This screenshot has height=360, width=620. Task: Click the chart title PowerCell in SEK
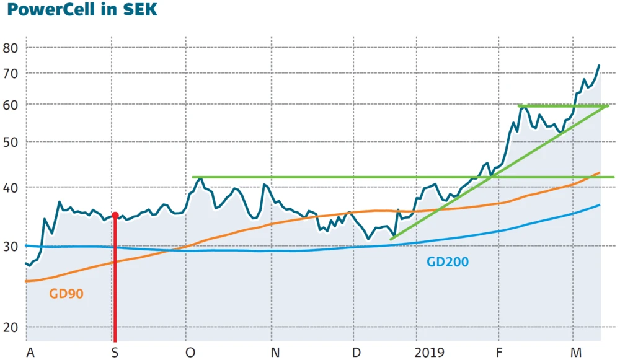point(79,11)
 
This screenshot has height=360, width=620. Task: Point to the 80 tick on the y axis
point(11,48)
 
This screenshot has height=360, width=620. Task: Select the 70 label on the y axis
point(11,73)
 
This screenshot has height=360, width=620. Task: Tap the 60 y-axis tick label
point(11,104)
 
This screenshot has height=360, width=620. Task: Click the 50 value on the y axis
point(11,141)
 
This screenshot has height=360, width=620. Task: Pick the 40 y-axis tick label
point(11,187)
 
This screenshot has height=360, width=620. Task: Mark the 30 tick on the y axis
point(11,247)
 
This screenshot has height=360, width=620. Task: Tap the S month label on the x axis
point(115,353)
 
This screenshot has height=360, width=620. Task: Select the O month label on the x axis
point(190,353)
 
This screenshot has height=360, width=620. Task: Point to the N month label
point(275,353)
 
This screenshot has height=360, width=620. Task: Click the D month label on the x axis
point(356,353)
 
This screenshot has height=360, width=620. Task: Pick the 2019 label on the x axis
point(430,353)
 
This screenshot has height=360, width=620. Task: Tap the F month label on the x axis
point(500,353)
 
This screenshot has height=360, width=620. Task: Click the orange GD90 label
point(66,294)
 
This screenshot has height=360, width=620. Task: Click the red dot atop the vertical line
point(115,215)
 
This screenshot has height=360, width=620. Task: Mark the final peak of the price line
point(599,65)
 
